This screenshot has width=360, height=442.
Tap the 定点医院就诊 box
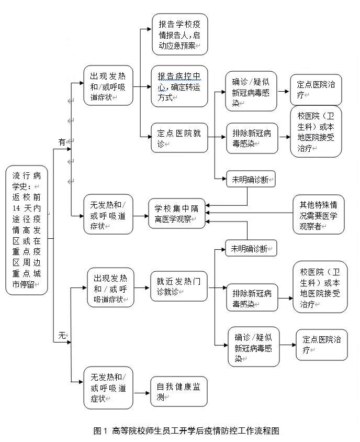pyautogui.click(x=179, y=138)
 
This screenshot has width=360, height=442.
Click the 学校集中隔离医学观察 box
pyautogui.click(x=176, y=213)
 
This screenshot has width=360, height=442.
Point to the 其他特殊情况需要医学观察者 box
pyautogui.click(x=319, y=214)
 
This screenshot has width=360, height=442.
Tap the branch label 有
pyautogui.click(x=62, y=142)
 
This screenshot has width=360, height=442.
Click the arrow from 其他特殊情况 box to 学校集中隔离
pyautogui.click(x=249, y=213)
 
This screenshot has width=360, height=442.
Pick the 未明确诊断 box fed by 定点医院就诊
pyautogui.click(x=250, y=180)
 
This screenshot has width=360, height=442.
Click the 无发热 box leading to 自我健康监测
pyautogui.click(x=108, y=388)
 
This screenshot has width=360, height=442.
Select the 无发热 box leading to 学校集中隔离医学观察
pyautogui.click(x=108, y=214)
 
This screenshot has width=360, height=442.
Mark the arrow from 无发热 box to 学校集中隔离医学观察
pyautogui.click(x=140, y=214)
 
